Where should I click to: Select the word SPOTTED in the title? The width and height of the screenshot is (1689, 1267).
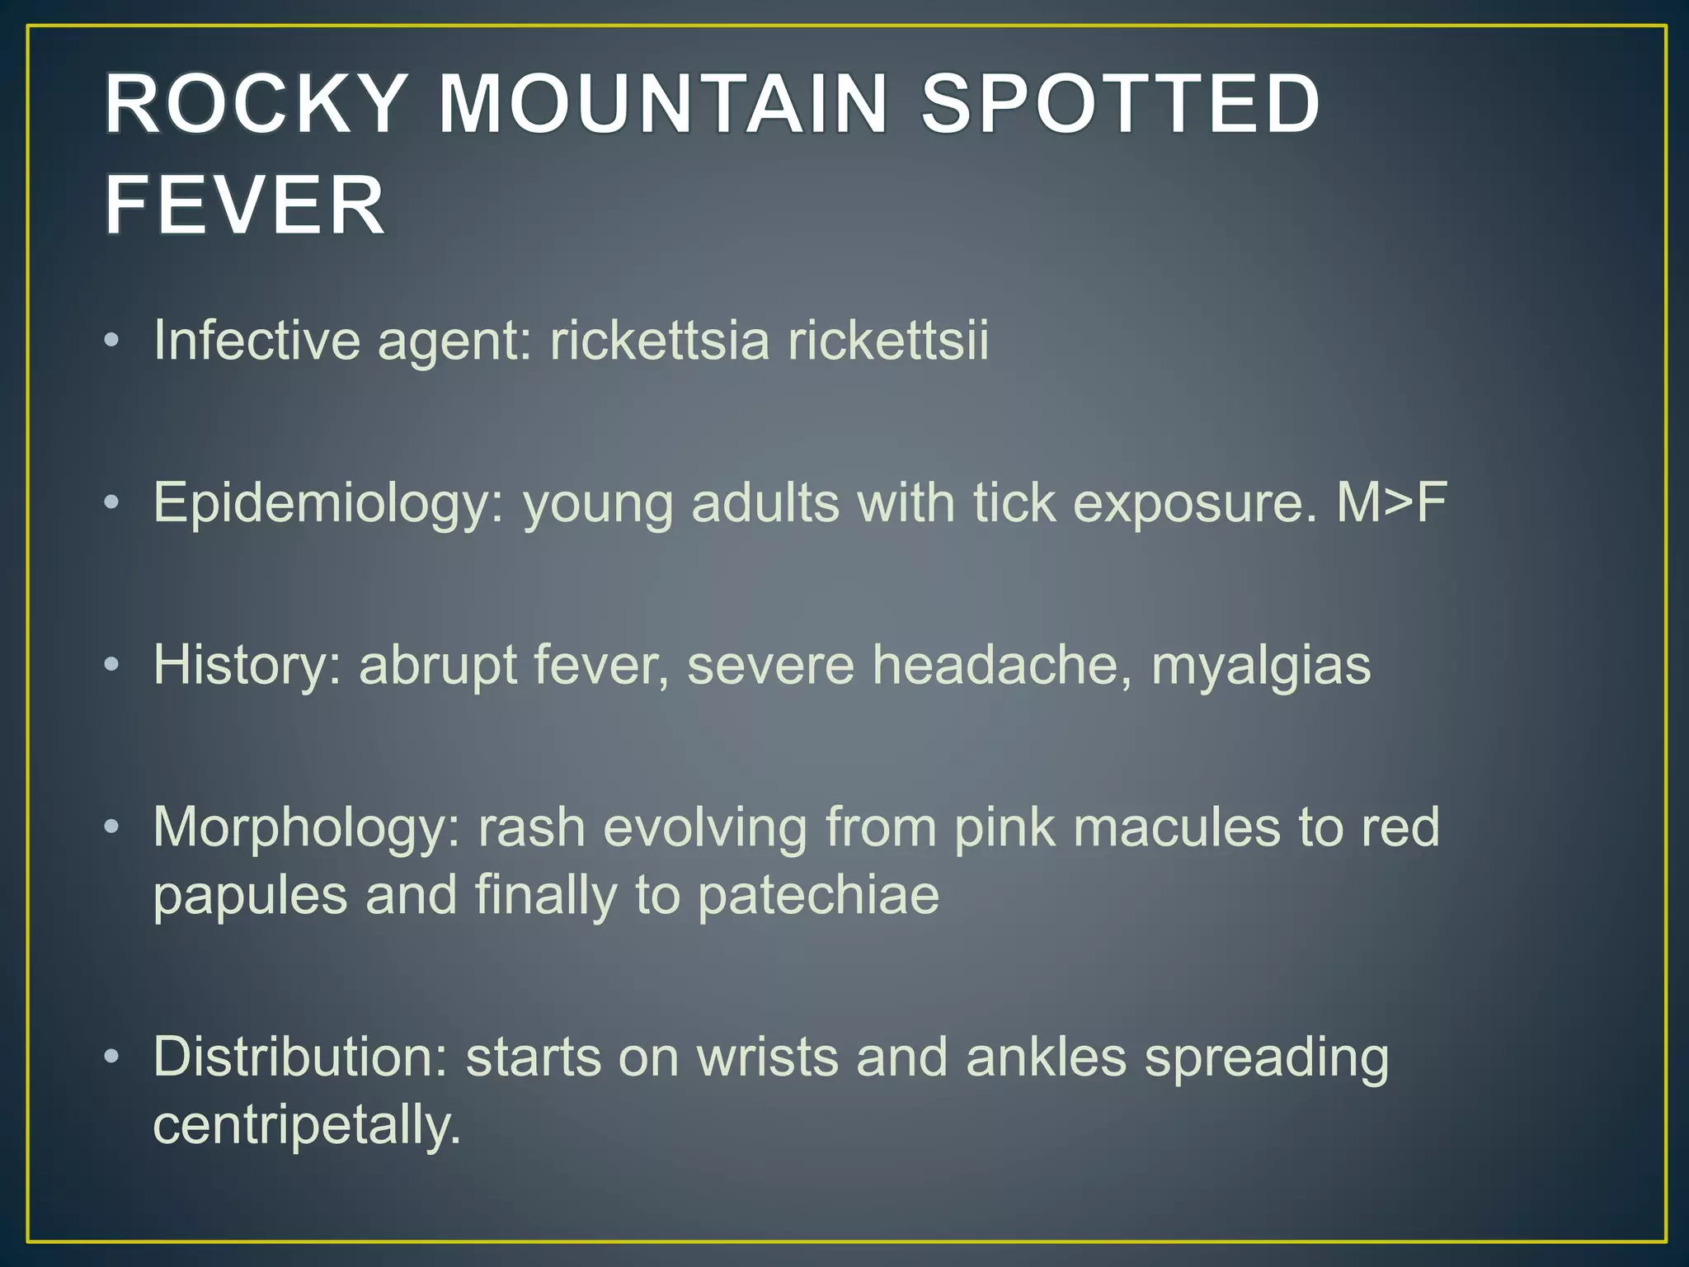(1121, 104)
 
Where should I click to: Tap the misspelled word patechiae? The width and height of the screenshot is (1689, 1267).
(818, 896)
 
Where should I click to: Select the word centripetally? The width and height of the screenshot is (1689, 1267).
(307, 1126)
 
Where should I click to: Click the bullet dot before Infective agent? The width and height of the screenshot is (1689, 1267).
(112, 341)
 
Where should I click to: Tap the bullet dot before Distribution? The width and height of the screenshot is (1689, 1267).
(112, 1057)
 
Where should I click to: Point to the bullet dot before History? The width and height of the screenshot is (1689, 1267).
(112, 665)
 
